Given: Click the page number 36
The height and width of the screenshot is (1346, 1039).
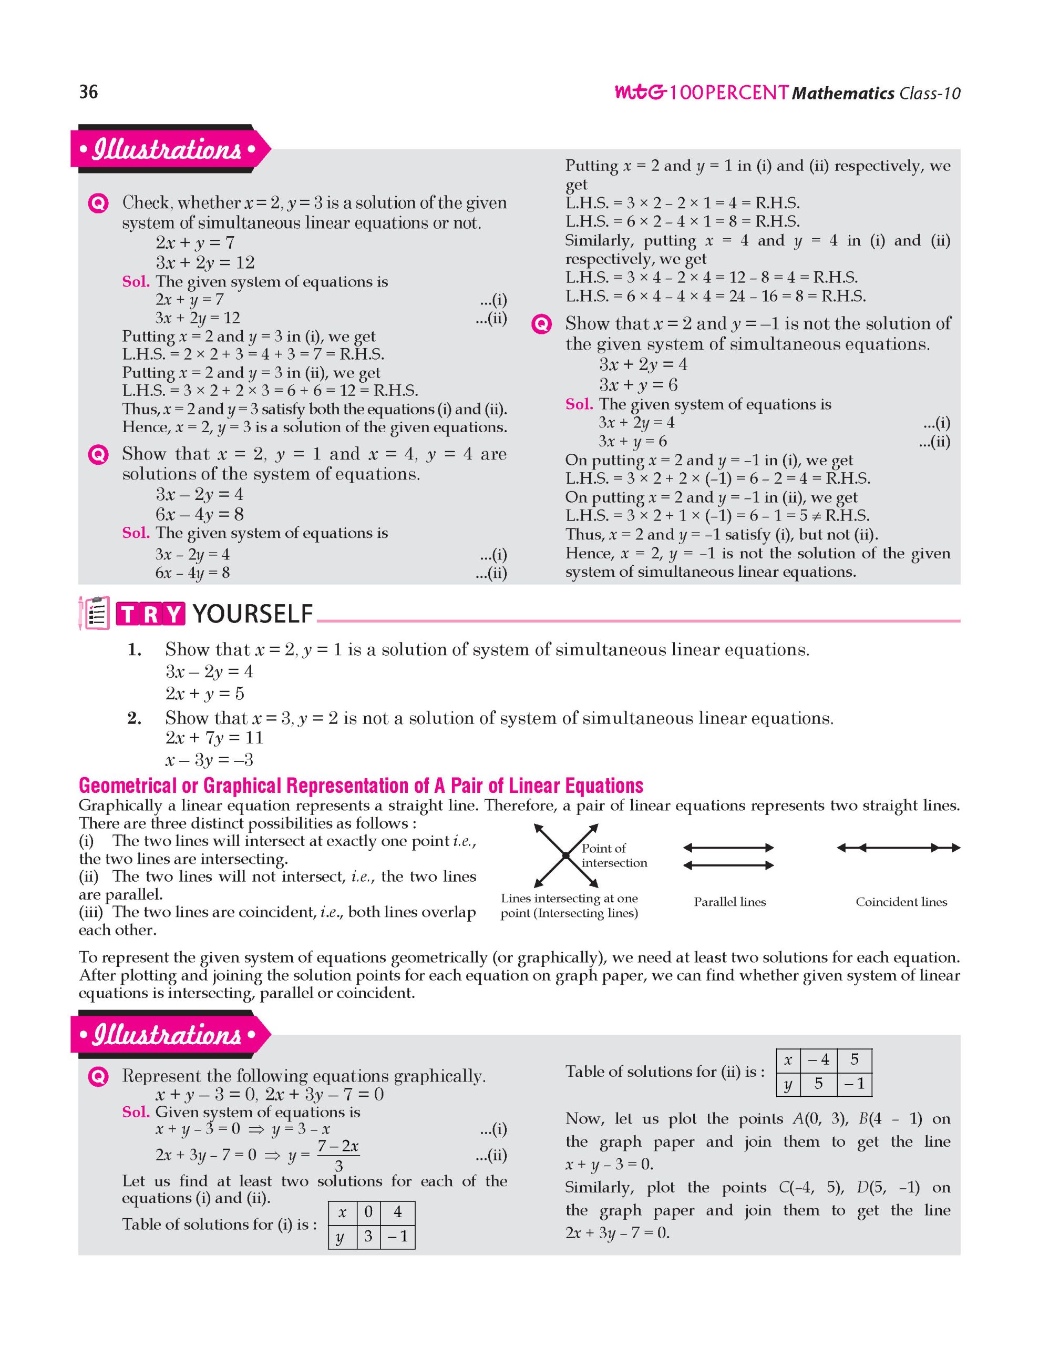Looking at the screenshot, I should pos(89,92).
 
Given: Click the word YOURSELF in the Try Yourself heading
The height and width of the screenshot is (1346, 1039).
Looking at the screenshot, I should pos(252,615).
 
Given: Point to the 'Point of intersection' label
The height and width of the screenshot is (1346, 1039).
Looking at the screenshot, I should pos(613,855).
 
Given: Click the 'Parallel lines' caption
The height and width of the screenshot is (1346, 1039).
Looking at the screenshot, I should pos(730,902).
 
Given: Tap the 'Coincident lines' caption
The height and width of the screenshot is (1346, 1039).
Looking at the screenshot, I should pos(901,902).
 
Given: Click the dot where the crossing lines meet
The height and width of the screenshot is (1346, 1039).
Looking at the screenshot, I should pos(565,855).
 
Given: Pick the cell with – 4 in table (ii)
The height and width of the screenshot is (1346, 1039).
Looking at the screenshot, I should pos(818,1060).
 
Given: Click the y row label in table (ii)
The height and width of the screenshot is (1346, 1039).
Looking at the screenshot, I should pos(788,1084).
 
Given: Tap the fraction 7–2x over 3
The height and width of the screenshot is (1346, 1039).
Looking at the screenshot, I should pos(338,1155).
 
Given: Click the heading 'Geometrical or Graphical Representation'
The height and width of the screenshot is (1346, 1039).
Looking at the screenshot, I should pos(361,786).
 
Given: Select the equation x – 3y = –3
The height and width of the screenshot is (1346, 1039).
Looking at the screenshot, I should pos(209,759).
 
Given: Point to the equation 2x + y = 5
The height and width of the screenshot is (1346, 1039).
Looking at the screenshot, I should pos(204,694).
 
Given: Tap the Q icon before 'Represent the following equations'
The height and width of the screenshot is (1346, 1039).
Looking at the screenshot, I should pos(99,1076).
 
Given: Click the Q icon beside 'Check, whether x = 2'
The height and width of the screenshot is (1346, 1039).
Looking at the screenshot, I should pos(99,203).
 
